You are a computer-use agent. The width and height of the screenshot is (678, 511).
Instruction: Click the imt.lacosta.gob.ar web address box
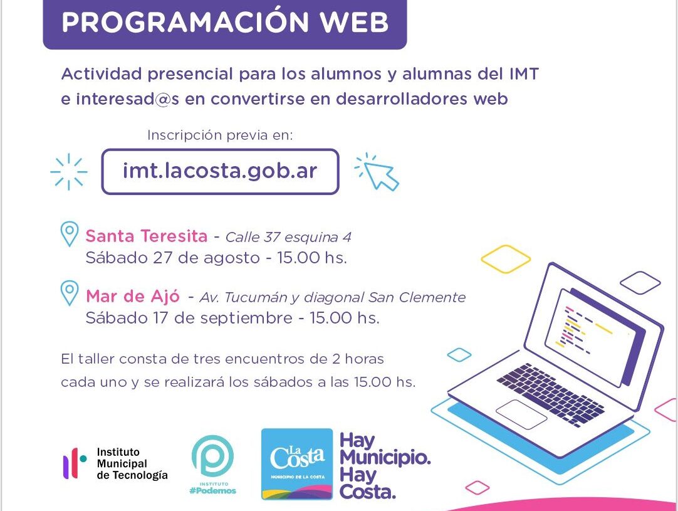click(220, 171)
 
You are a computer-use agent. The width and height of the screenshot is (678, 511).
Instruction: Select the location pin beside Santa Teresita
click(69, 234)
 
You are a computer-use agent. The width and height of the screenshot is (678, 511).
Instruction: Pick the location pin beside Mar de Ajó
click(69, 293)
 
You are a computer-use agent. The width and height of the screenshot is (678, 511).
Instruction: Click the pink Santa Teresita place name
click(147, 236)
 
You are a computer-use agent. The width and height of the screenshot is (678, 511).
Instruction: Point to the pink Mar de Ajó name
click(133, 296)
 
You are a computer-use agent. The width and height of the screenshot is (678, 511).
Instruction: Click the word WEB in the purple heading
click(355, 23)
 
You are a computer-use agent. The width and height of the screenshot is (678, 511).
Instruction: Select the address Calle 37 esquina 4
click(288, 237)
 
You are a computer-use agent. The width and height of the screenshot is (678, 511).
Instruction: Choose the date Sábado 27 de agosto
click(172, 258)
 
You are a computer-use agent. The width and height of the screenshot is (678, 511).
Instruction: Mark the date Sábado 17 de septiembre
click(189, 318)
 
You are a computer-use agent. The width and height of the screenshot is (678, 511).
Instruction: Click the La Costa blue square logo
click(297, 464)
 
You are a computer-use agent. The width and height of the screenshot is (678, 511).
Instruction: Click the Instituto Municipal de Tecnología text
click(132, 464)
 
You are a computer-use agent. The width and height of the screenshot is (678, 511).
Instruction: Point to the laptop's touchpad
click(521, 414)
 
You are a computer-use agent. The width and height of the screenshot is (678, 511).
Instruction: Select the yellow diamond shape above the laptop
click(506, 259)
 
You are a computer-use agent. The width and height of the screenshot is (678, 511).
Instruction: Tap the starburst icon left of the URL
click(69, 172)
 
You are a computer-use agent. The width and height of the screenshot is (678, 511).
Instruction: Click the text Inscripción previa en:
click(220, 135)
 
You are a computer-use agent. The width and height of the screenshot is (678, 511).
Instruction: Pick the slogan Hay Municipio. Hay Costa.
click(385, 466)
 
